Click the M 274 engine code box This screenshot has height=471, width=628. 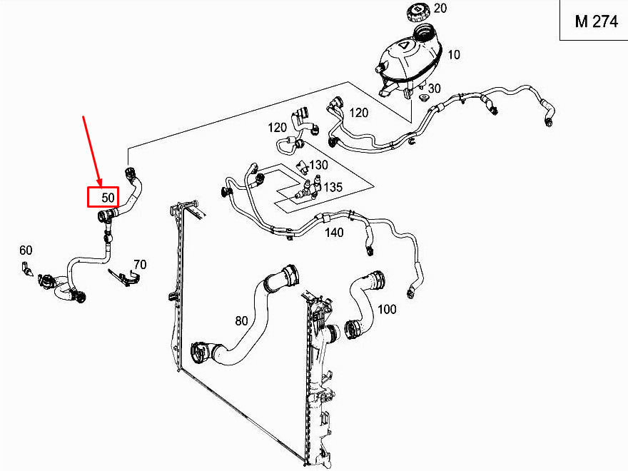(596, 21)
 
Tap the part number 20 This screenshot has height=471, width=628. (440, 9)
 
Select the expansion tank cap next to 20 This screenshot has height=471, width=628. (414, 12)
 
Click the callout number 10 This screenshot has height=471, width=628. (454, 54)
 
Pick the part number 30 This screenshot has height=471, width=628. (435, 88)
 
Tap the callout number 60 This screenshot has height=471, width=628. (26, 250)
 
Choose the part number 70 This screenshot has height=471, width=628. (139, 265)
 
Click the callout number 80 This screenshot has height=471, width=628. (241, 321)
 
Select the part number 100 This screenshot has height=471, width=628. (387, 310)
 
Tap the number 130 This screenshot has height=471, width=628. (318, 165)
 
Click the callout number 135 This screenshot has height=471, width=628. (333, 188)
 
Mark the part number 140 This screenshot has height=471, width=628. (333, 233)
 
